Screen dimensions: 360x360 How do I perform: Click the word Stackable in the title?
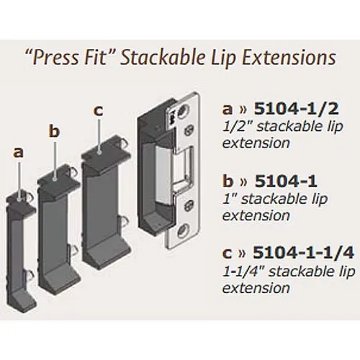163,58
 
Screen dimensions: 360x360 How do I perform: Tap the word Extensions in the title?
289,58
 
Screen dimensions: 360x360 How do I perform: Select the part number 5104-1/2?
297,109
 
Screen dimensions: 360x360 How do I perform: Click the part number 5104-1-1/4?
303,253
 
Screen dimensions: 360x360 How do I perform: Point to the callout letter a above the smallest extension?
19,153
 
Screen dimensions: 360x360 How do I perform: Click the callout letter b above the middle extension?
54,131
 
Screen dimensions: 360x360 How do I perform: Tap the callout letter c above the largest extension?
99,111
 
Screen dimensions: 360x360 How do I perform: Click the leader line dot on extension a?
19,199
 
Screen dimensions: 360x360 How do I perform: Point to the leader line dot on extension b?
55,178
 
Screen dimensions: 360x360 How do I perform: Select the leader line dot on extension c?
99,152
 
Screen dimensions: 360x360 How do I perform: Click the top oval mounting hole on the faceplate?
183,110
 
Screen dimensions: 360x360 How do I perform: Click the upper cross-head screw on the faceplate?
189,131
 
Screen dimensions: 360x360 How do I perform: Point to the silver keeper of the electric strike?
164,176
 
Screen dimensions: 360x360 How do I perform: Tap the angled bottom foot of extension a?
22,301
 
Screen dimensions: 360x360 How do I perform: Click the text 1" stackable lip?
275,199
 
